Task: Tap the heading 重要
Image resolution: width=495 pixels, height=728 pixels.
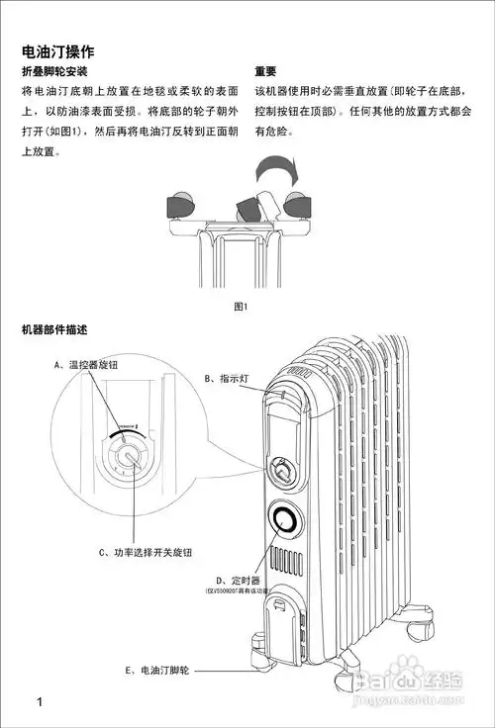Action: pyautogui.click(x=265, y=72)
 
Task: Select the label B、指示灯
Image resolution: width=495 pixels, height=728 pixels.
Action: pyautogui.click(x=226, y=378)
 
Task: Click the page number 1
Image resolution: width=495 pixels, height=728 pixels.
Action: pyautogui.click(x=39, y=703)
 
